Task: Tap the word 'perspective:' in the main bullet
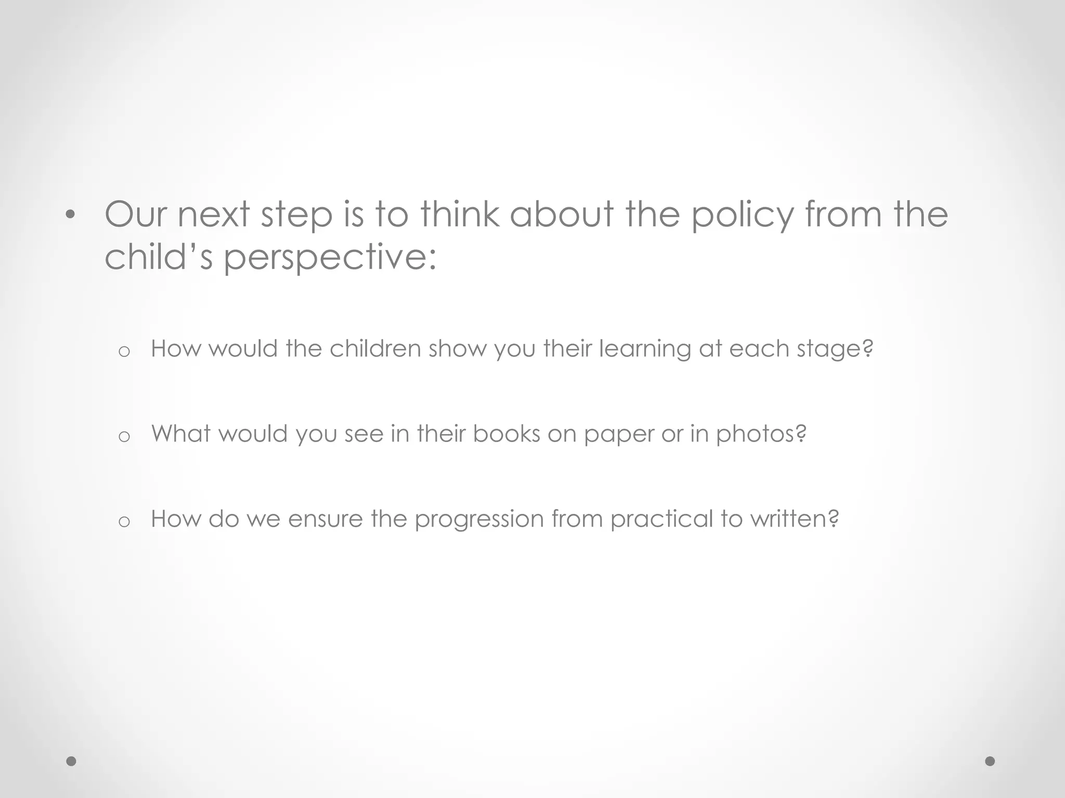(330, 258)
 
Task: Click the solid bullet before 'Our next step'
(71, 215)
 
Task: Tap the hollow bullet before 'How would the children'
(124, 352)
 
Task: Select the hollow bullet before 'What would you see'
(124, 437)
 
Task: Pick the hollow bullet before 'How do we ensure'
(124, 522)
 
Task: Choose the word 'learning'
(645, 349)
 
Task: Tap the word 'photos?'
(761, 434)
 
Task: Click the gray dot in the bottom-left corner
(71, 761)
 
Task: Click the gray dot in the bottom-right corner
(990, 761)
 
